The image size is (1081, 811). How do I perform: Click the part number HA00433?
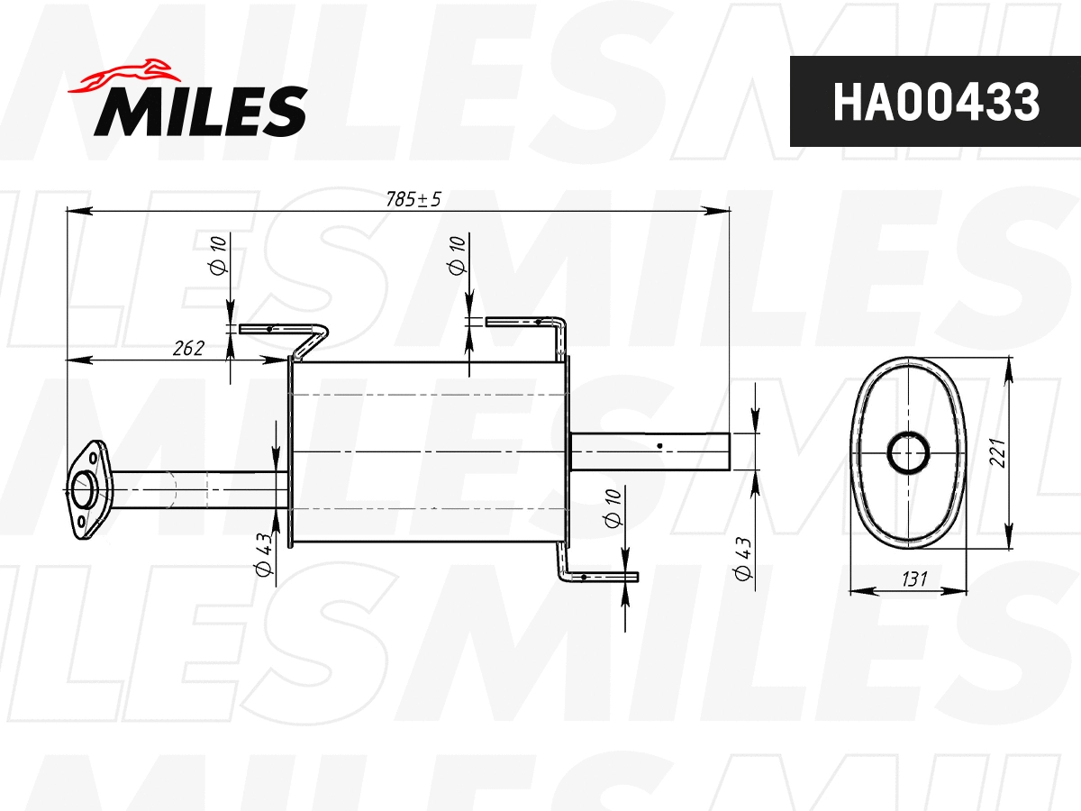(x=935, y=102)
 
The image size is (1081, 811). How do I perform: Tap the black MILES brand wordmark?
(x=201, y=110)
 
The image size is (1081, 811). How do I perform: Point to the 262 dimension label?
(x=187, y=348)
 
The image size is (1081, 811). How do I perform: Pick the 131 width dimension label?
(x=913, y=579)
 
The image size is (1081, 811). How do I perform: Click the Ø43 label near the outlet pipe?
(x=743, y=560)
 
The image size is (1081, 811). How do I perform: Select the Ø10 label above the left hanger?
(x=216, y=254)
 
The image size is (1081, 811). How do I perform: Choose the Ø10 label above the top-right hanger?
(x=456, y=254)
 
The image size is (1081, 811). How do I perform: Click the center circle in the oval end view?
(x=908, y=452)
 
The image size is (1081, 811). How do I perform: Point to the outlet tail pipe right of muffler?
(x=649, y=452)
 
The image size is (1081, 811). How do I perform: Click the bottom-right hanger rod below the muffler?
(x=595, y=575)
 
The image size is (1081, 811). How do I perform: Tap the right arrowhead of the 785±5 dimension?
(x=721, y=212)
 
